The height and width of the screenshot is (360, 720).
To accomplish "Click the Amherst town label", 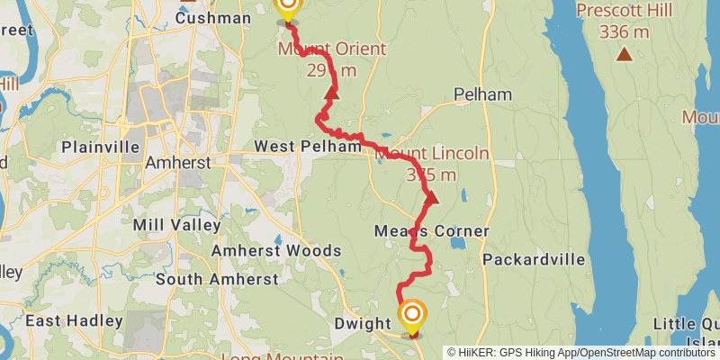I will pyautogui.click(x=179, y=163).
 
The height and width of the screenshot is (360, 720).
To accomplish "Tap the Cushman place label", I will pyautogui.click(x=213, y=17).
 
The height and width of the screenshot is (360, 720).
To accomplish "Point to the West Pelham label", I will pyautogui.click(x=299, y=146).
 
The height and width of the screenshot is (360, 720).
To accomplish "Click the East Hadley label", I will pyautogui.click(x=74, y=320).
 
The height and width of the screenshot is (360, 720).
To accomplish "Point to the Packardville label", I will pyautogui.click(x=534, y=259).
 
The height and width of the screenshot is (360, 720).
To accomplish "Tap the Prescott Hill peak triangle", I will pyautogui.click(x=623, y=55).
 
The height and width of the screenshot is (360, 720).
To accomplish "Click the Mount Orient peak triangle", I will pyautogui.click(x=331, y=93).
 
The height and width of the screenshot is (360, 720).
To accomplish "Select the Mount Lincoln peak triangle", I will pyautogui.click(x=430, y=198).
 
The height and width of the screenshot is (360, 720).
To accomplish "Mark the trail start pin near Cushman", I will pyautogui.click(x=287, y=8).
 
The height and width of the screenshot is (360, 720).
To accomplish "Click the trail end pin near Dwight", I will pyautogui.click(x=413, y=314).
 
